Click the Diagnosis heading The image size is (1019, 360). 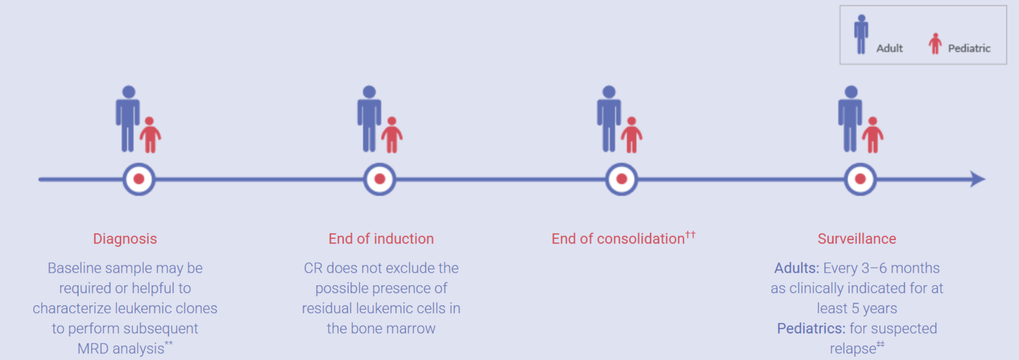125,239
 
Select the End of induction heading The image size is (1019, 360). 381,239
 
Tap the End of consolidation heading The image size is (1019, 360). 618,239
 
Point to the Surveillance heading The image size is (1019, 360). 857,239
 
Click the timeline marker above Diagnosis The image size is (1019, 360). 139,179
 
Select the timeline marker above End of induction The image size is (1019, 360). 380,179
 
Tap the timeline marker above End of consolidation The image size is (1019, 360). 621,179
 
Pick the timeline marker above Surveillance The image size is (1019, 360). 860,179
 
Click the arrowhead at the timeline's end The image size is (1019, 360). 978,179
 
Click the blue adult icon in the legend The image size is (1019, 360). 861,35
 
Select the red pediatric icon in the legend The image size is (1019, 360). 935,44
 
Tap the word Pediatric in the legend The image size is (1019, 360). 969,49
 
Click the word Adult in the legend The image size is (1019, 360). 890,49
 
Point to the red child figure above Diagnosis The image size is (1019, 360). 150,135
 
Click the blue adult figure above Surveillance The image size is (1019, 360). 850,119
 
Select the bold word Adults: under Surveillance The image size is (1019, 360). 796,268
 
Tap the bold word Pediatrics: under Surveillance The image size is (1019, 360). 811,329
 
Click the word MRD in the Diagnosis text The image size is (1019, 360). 93,349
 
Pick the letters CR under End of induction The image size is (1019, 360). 313,268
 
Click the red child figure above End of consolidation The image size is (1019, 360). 631,135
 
